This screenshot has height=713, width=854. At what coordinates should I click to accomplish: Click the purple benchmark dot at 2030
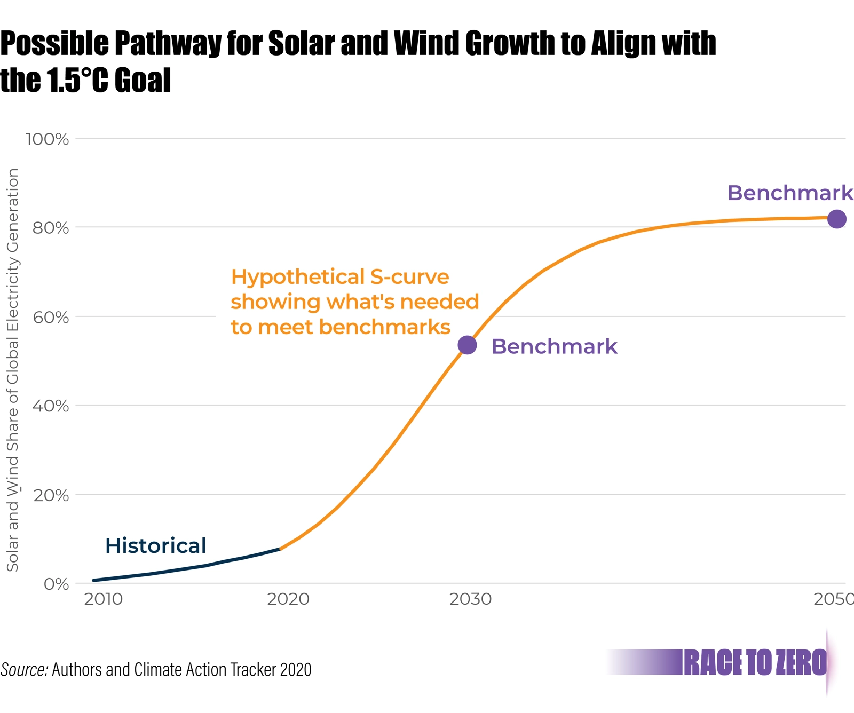pos(467,345)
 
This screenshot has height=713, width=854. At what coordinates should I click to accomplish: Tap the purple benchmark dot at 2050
pos(836,219)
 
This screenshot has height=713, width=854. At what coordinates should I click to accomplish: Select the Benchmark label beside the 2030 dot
pos(554,346)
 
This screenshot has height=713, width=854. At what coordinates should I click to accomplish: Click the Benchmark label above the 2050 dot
pos(790,193)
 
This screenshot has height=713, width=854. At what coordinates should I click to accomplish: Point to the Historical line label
pos(155,545)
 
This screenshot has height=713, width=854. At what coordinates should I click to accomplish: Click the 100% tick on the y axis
pos(48,139)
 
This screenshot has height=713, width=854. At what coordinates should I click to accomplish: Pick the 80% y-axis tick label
pos(51,228)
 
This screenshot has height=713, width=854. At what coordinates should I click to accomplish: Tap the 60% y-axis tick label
pos(51,317)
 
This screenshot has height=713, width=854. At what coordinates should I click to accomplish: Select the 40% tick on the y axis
pos(51,406)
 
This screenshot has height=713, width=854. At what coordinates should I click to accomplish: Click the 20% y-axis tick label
pos(51,495)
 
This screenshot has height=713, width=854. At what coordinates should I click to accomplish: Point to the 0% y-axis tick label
pos(56,584)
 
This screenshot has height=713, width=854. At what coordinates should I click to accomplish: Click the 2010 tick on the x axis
pos(103,599)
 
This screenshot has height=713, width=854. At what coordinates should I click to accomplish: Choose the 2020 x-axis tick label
pos(288,599)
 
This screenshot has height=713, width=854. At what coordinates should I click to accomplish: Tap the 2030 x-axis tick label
pos(470,599)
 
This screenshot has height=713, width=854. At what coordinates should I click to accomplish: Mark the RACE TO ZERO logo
pos(755,663)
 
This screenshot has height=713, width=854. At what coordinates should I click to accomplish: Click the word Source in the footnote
pos(24,669)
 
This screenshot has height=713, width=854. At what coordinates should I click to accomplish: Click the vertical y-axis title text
pos(13,369)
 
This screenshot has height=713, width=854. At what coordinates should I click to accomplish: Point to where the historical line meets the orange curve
pos(280,549)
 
